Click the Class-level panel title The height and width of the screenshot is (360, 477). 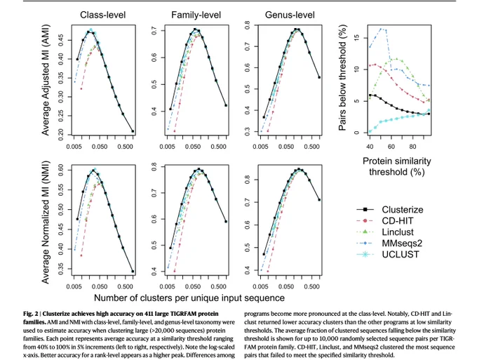click(x=103, y=15)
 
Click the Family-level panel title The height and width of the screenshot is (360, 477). click(x=196, y=15)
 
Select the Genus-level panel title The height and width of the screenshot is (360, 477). click(x=290, y=15)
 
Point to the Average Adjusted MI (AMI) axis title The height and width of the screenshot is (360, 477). click(x=46, y=80)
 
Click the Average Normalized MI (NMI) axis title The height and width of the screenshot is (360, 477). click(x=46, y=222)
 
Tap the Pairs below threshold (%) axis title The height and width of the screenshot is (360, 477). click(x=342, y=78)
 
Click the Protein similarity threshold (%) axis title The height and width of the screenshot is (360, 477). click(x=397, y=166)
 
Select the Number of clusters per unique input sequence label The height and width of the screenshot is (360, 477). click(x=189, y=298)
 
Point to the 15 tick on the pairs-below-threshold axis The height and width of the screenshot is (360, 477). click(x=356, y=37)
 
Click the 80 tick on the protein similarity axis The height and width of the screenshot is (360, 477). click(x=412, y=147)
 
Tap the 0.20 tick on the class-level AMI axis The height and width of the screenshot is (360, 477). click(x=60, y=134)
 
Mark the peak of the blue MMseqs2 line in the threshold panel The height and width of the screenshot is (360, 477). click(x=381, y=29)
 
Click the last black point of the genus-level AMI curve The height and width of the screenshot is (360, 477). click(x=319, y=77)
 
